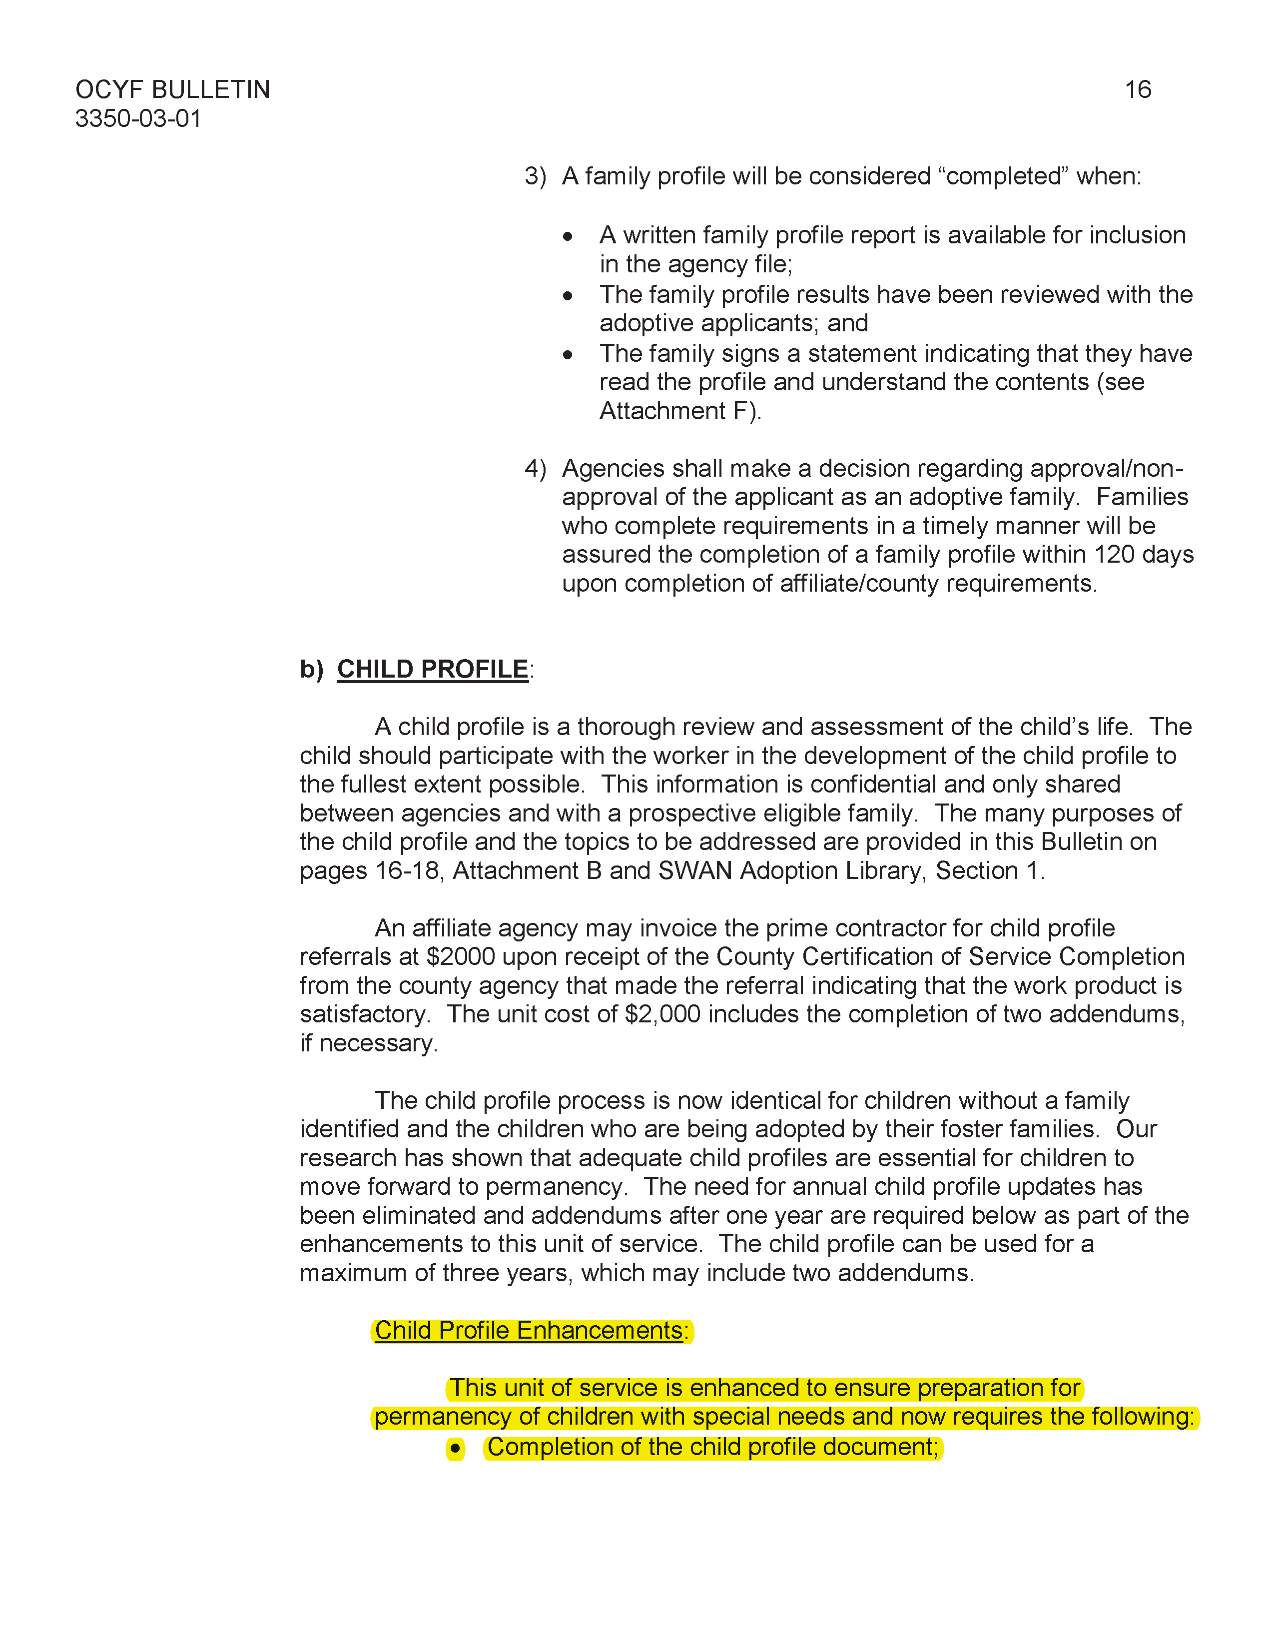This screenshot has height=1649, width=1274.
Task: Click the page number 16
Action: (1138, 90)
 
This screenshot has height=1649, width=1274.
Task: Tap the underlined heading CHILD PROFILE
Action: (433, 669)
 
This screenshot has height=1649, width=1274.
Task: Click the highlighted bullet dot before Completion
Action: (455, 1448)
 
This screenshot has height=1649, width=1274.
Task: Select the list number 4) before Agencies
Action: (535, 469)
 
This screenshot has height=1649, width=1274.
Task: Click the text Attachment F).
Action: (680, 411)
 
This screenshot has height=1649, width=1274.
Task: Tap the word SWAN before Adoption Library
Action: (695, 870)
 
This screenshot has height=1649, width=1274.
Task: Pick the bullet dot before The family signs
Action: (568, 355)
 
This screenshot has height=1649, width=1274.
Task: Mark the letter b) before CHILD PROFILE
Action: (311, 669)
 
